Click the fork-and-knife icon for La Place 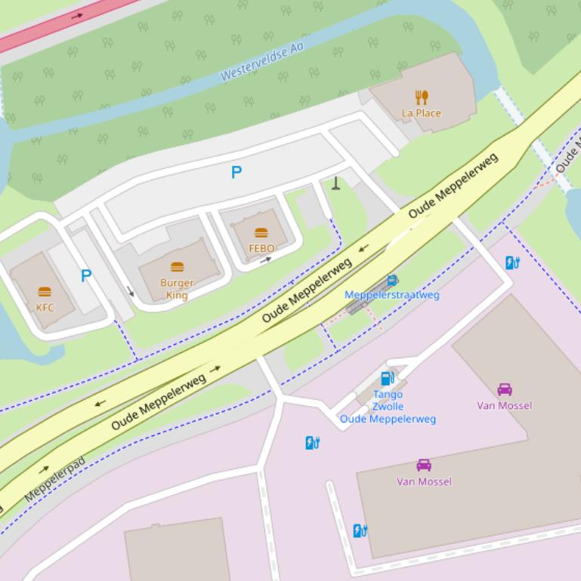(422, 97)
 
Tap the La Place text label (422, 113)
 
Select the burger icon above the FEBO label (261, 232)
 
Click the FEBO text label (261, 247)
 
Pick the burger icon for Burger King (177, 267)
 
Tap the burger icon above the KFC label (45, 292)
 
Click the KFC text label (45, 307)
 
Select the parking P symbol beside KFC (86, 276)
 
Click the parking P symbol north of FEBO (236, 172)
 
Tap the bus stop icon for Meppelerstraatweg (391, 281)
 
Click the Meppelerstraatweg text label (391, 295)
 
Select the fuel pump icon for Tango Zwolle (387, 378)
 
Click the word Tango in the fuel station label (388, 394)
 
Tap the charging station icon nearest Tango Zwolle (312, 443)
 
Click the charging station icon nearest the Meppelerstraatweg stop (512, 263)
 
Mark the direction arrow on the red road (77, 15)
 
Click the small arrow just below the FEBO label (265, 260)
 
